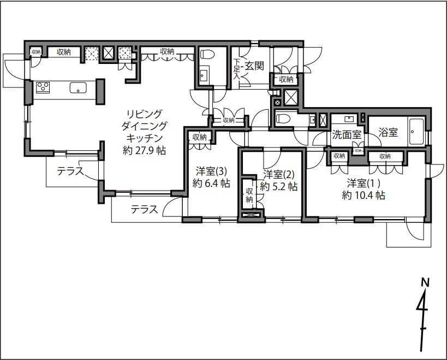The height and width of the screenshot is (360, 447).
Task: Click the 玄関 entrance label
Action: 254,66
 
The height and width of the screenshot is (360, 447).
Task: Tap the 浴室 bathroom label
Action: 388,132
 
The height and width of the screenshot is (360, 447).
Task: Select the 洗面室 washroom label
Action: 347,134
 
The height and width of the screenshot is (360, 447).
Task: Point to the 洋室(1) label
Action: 363,183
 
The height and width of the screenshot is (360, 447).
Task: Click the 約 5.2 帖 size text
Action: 279,186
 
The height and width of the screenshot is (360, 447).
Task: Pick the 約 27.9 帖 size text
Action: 144,150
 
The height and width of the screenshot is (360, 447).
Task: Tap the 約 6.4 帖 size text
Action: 211,183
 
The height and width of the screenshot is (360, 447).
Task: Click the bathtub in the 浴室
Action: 416,132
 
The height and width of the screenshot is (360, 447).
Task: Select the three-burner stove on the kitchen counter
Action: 43,87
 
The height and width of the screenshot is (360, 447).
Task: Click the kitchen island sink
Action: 78,87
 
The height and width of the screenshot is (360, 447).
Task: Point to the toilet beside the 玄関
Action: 207,54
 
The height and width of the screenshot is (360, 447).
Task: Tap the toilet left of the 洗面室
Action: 283,118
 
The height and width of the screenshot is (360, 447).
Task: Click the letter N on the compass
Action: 425,282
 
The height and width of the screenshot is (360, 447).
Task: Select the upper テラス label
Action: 70,171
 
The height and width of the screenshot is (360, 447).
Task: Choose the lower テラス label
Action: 144,209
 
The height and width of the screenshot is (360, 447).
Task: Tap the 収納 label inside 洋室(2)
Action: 249,195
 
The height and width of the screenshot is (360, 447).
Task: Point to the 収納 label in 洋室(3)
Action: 199,137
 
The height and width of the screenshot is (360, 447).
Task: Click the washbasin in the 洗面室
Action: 348,119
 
